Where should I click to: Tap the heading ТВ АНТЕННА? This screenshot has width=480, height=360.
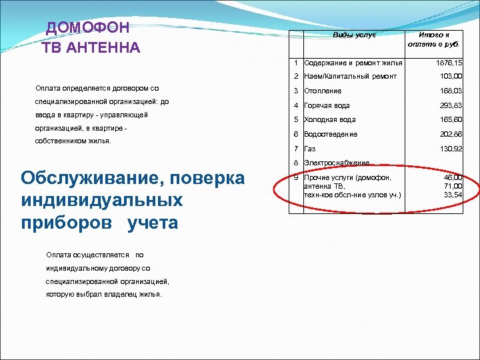[x=91, y=47]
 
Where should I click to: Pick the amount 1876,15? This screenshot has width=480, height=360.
[x=449, y=62]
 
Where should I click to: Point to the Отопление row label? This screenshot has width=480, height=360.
[x=323, y=91]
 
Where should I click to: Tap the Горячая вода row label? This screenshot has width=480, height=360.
[x=327, y=105]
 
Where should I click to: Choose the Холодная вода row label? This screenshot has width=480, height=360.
[x=329, y=120]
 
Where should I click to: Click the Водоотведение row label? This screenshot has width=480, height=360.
[x=331, y=134]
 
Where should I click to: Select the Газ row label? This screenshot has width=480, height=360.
[x=309, y=149]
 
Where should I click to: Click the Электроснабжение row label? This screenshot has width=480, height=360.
[x=336, y=163]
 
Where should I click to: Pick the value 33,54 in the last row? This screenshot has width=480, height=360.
[x=453, y=195]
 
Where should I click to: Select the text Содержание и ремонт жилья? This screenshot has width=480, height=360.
[x=353, y=63]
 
